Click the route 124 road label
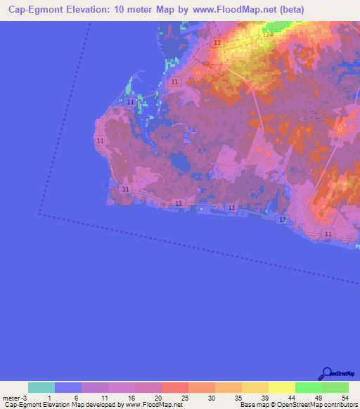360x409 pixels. pos(267,35)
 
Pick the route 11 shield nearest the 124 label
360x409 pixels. pos(217,43)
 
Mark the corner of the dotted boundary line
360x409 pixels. pos(40,214)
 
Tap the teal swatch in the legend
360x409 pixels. pos(41,387)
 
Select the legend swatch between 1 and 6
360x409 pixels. pos(68,387)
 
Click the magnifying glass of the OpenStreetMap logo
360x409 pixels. pos(326,375)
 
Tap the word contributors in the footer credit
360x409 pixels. pos(339,405)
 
